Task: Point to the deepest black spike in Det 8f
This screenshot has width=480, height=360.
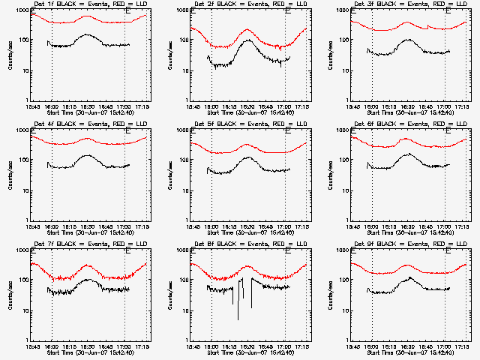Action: [238, 319]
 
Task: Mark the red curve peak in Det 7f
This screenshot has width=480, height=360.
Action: [87, 265]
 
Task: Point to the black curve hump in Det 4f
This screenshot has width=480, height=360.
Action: [88, 155]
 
